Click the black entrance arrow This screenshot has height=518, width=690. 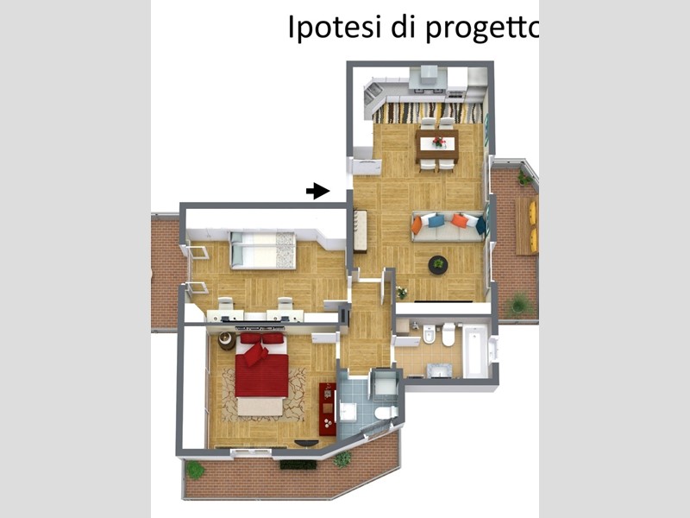coord(317,191)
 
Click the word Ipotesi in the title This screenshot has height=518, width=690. coord(334,27)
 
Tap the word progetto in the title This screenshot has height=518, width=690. coord(482,28)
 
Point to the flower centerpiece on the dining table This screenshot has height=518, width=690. coord(438,142)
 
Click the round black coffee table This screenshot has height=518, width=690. coord(438,265)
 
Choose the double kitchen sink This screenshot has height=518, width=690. coord(372,94)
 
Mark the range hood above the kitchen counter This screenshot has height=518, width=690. coord(429,77)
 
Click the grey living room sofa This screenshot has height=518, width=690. coord(448,227)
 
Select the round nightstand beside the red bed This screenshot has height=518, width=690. coord(227,341)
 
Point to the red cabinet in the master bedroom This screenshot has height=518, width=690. coord(327,409)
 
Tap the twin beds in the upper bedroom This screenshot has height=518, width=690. coord(263,250)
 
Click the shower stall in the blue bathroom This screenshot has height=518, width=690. coord(384,385)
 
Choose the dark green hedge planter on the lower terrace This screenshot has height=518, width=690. coord(298,464)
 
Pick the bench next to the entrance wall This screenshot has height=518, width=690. coord(360,231)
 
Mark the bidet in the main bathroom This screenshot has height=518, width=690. coord(429,334)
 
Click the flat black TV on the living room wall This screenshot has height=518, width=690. coord(443,301)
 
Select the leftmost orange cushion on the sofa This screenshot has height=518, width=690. coord(417,225)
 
